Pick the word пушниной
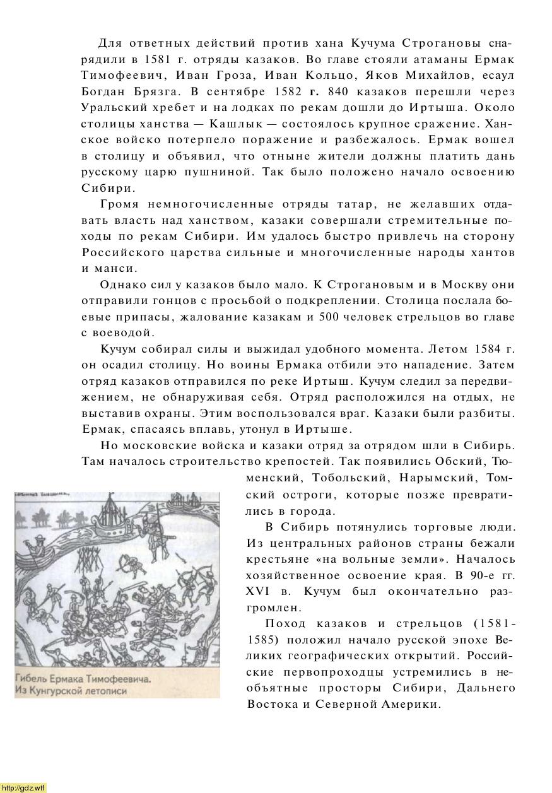click(x=221, y=172)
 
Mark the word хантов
click(x=490, y=252)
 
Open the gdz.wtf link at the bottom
click(x=23, y=787)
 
